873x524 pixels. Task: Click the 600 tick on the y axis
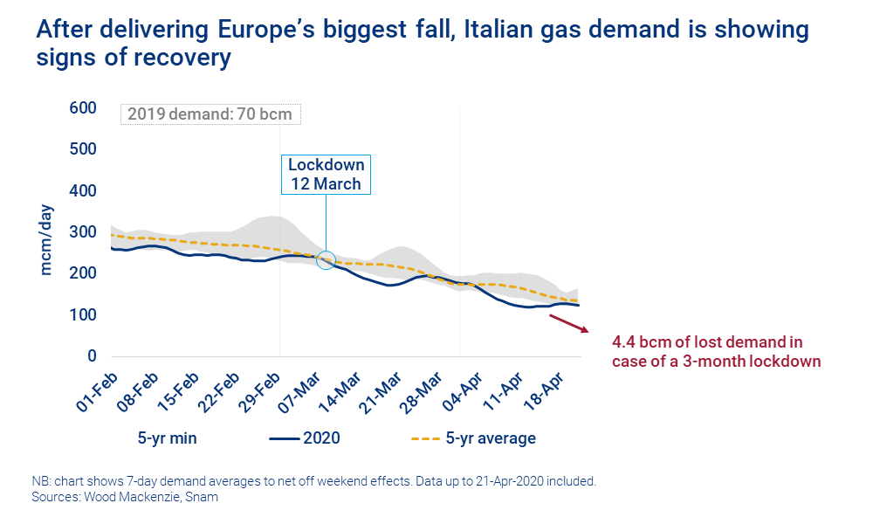(x=82, y=107)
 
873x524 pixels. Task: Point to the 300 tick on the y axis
(x=82, y=232)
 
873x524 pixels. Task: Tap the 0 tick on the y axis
(x=91, y=356)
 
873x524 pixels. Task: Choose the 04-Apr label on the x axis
(x=450, y=390)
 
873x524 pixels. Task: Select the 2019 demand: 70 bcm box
(x=210, y=114)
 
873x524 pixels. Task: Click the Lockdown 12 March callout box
(x=327, y=175)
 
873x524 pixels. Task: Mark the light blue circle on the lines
(x=325, y=259)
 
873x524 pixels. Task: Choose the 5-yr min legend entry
(x=167, y=438)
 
